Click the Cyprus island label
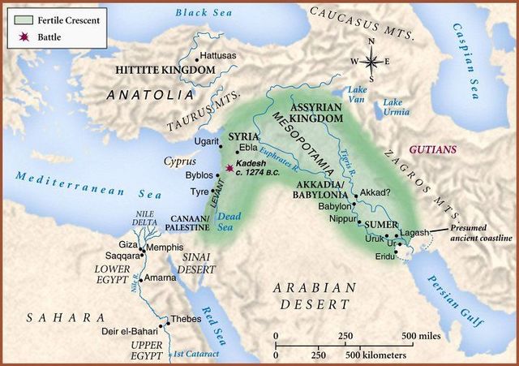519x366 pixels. tap(180, 161)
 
